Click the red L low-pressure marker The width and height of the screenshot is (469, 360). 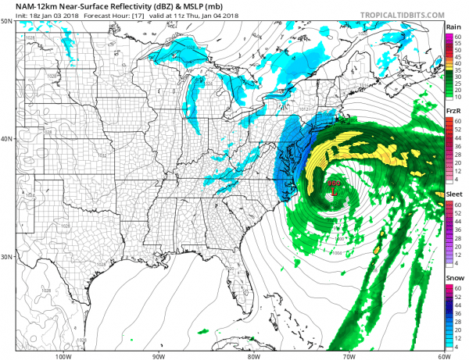point(334,189)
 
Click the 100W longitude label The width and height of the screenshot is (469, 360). point(64,355)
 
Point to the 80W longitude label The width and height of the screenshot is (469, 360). point(253,355)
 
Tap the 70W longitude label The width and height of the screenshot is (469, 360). point(347,355)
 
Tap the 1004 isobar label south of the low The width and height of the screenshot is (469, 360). point(337,252)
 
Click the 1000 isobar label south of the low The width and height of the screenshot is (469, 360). point(338,238)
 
